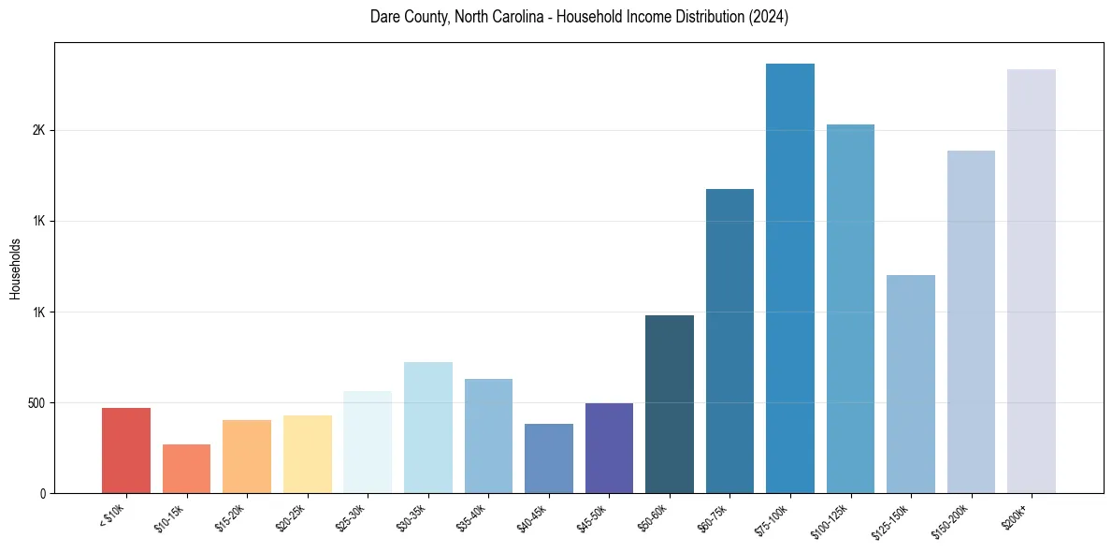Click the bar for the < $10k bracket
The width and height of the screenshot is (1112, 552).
[x=126, y=451]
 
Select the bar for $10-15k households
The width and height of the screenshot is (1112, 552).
[x=186, y=469]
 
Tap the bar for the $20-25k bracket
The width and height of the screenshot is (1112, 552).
[x=308, y=455]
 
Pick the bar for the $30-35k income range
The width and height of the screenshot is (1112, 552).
[x=428, y=428]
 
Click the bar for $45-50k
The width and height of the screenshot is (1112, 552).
[x=609, y=448]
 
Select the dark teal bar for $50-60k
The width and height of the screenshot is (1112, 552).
[x=670, y=404]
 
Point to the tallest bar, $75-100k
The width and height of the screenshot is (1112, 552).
[x=790, y=278]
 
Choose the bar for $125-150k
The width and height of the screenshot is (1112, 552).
[x=911, y=384]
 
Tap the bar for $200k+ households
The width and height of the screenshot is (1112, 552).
[x=1032, y=281]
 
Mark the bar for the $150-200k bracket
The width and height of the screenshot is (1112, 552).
[x=971, y=322]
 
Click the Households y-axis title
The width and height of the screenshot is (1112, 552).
[x=16, y=269]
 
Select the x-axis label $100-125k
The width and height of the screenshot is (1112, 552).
[x=830, y=518]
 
